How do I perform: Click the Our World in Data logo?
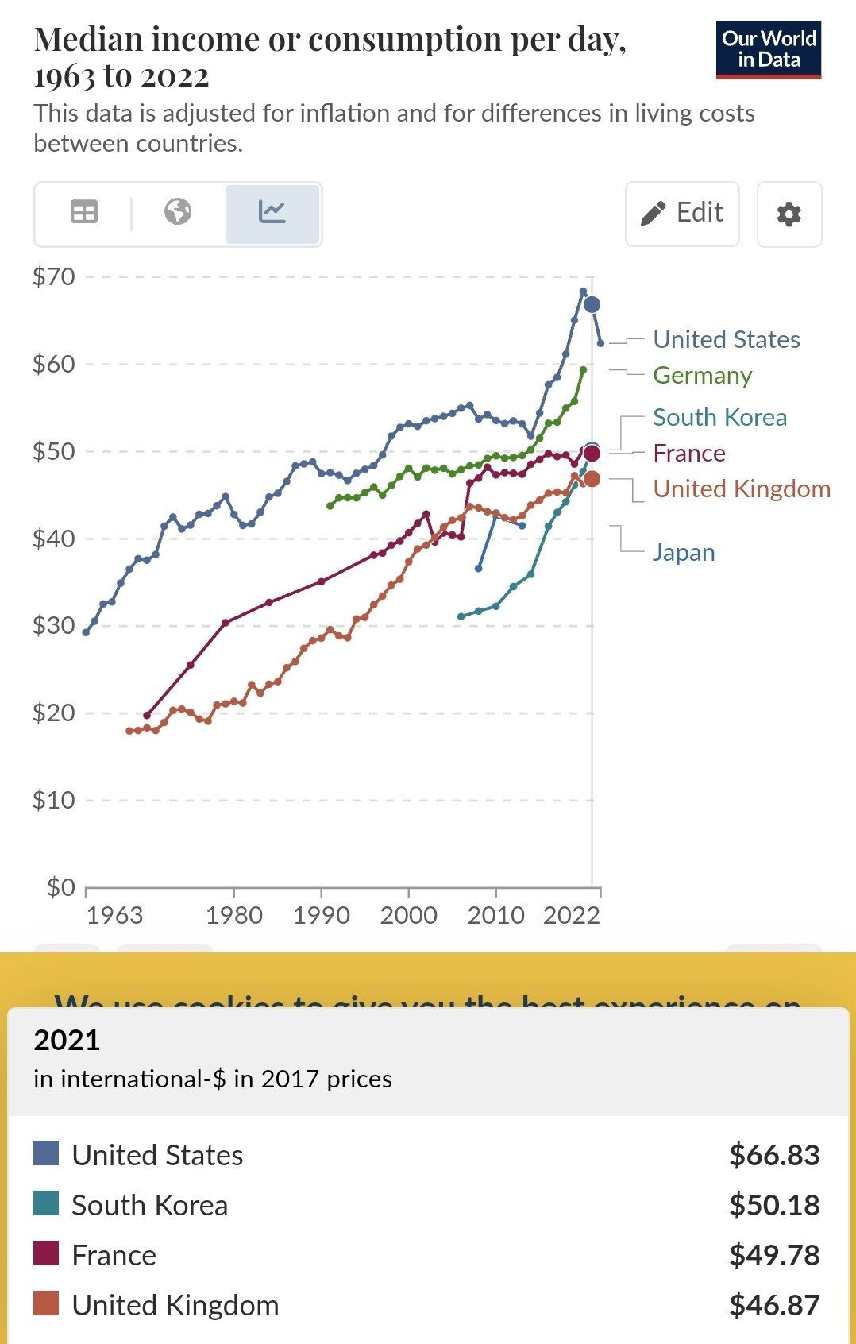coord(768,49)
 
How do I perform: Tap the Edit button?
coord(682,213)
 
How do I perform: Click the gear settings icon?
coord(789,214)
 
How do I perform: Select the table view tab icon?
coord(84,212)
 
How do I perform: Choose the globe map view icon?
coord(178,212)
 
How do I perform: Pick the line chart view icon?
coord(272,212)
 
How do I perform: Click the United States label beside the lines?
coord(726,339)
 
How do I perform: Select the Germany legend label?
coord(702,375)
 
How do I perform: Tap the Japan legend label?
coord(683,552)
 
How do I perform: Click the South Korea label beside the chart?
coord(719,417)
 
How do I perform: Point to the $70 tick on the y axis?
coord(54,276)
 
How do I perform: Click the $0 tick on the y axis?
coord(60,886)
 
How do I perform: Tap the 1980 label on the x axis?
coord(233,915)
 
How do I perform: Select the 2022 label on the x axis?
coord(571,915)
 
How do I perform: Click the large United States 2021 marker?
coord(592,305)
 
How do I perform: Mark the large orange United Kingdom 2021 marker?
coord(592,479)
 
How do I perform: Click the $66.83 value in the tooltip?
coord(773,1155)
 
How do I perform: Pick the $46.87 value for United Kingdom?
coord(773,1305)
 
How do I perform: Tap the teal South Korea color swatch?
coord(46,1204)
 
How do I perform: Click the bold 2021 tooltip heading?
coord(67,1040)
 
